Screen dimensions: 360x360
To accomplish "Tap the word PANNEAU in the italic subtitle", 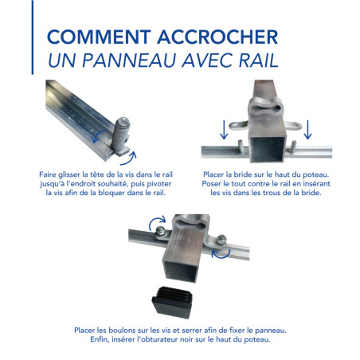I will [x=142, y=62].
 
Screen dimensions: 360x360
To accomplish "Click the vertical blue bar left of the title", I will [x=33, y=48].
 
